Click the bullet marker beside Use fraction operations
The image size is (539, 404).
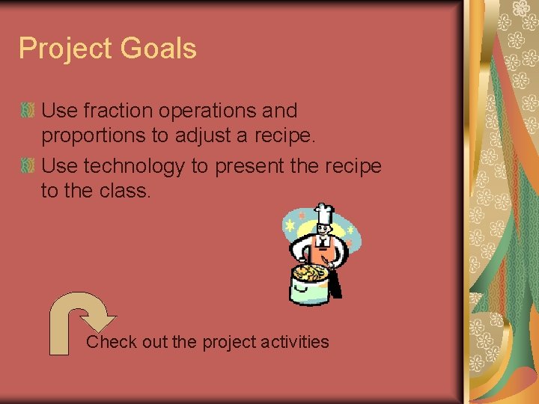[x=28, y=111]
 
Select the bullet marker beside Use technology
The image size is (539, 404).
[x=28, y=166]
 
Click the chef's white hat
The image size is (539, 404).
[x=323, y=214]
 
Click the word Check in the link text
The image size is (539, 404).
[x=112, y=342]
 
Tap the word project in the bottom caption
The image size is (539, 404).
[x=227, y=343]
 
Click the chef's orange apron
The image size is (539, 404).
[x=323, y=254]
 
